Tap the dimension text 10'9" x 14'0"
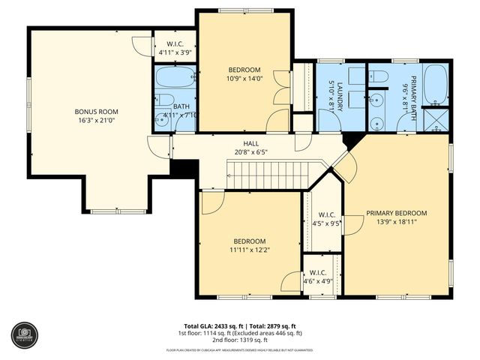coord(244,78)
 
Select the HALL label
coord(251,142)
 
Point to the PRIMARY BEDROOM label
coord(396,212)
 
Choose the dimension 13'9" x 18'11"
coord(396,222)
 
